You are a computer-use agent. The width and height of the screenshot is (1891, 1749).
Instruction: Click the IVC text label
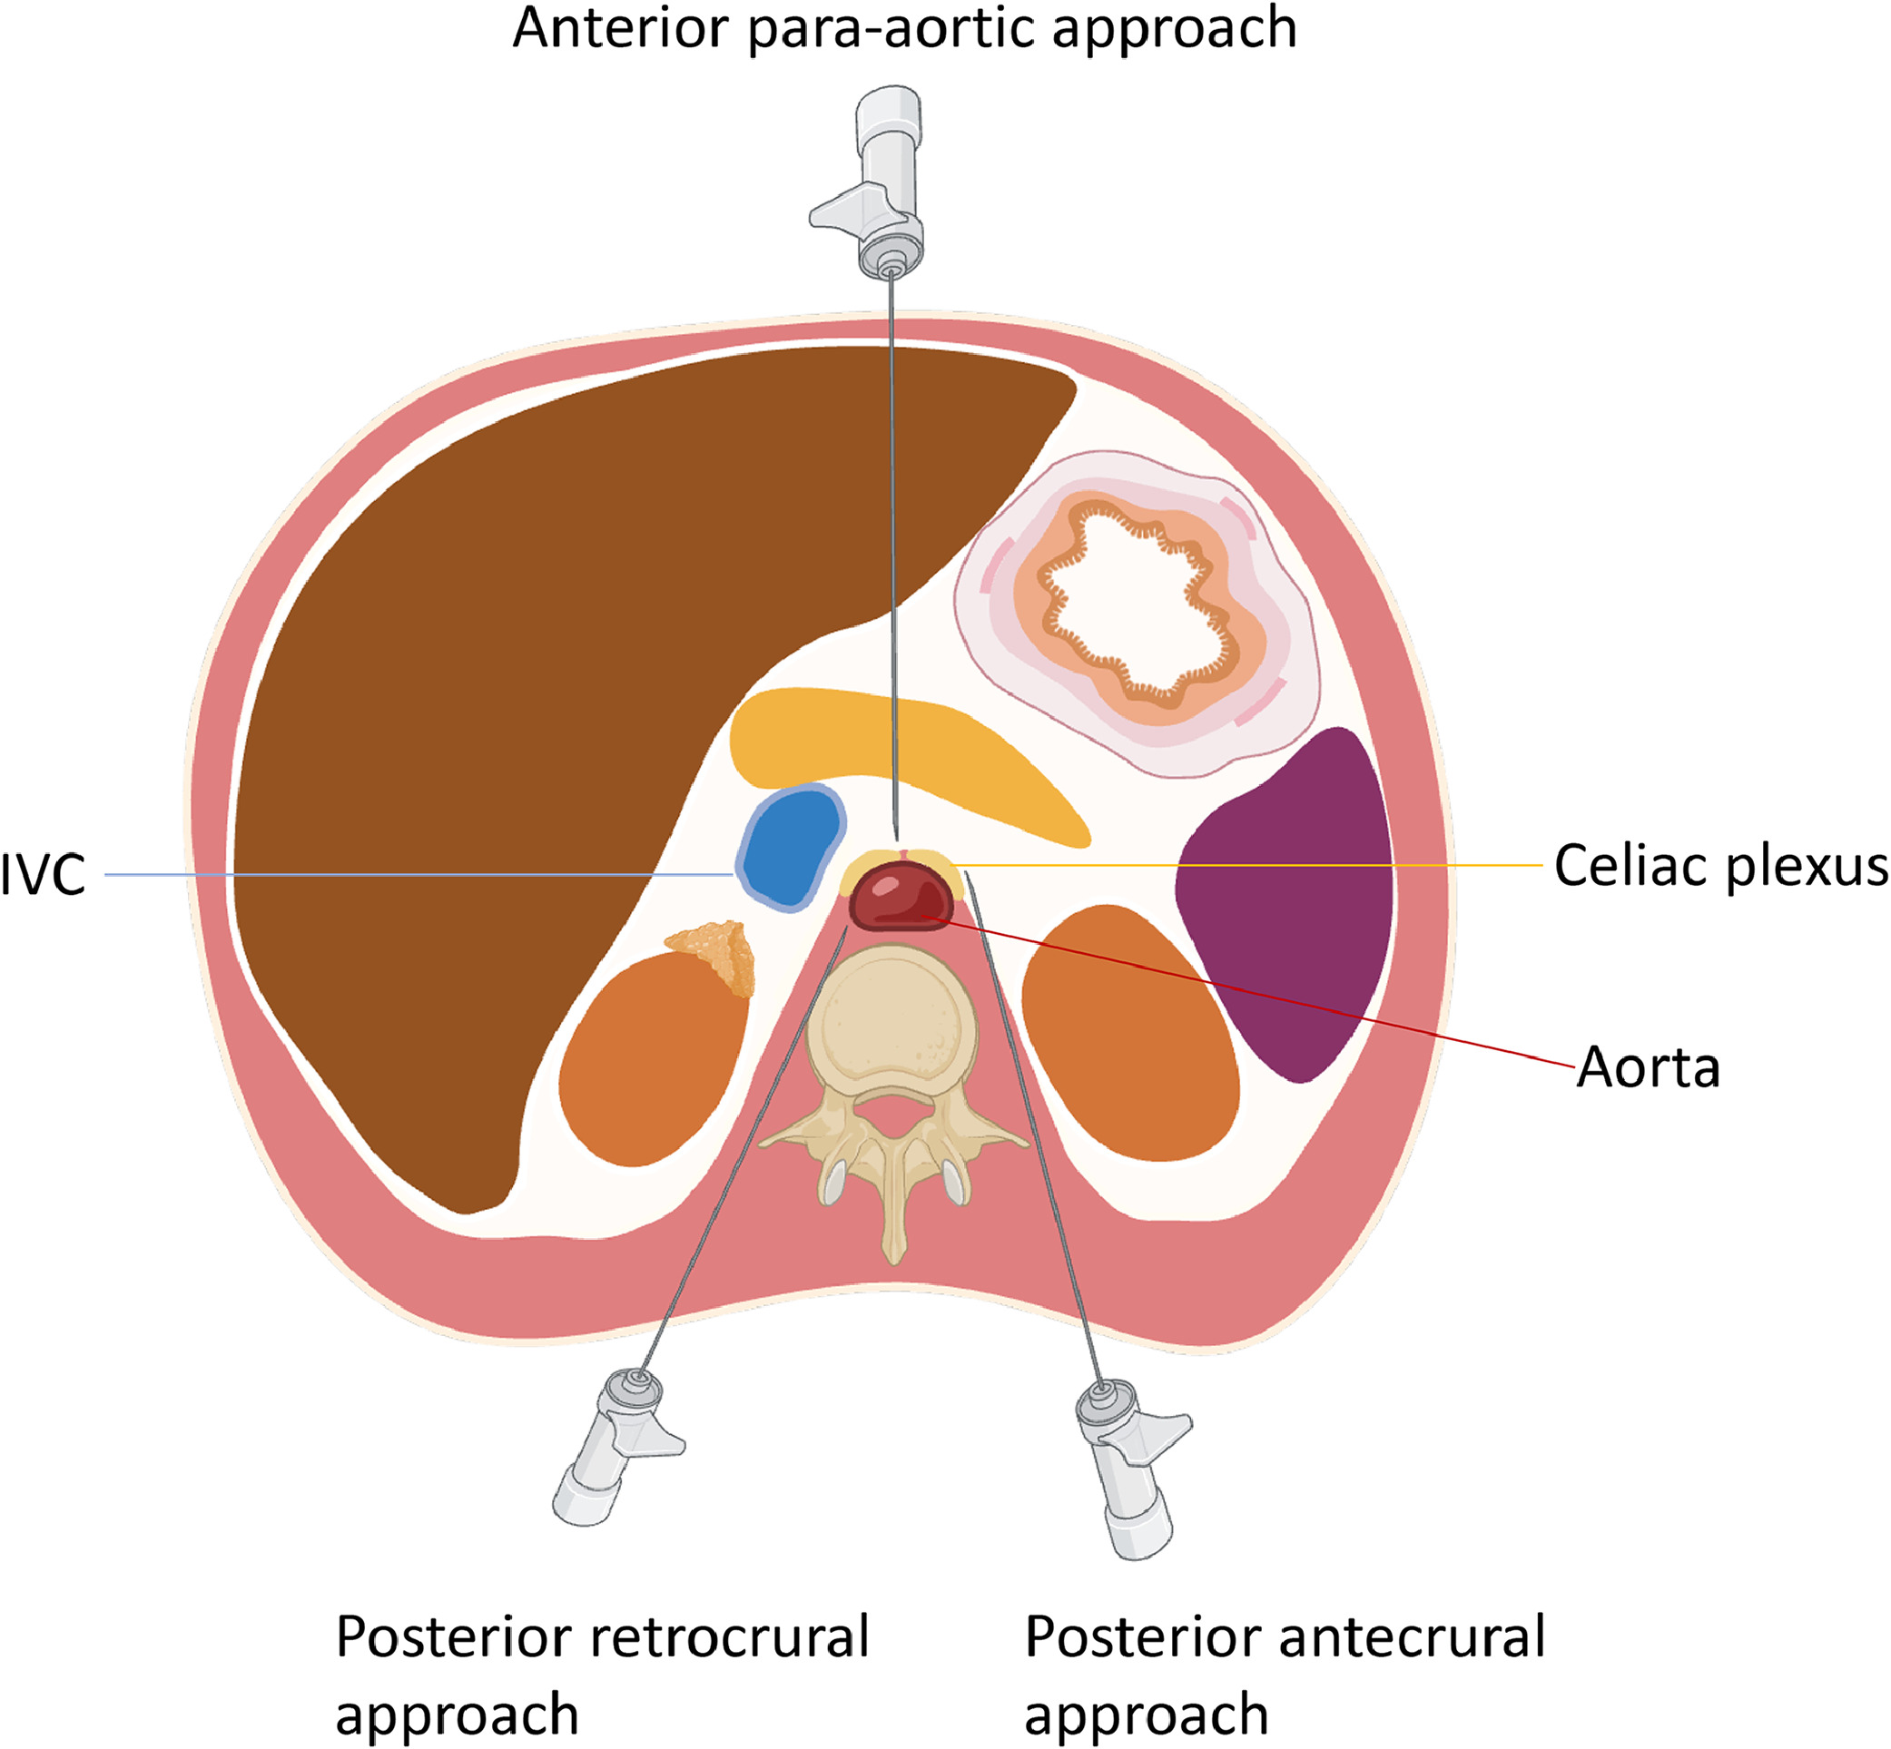click(x=44, y=875)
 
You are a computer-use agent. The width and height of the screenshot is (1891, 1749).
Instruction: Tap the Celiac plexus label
click(x=1720, y=867)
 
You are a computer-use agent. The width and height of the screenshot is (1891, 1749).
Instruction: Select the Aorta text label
click(x=1648, y=1068)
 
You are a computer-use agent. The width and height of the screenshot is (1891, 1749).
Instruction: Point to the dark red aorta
click(x=900, y=895)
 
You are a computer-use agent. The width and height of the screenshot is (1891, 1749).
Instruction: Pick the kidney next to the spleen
click(x=1131, y=1032)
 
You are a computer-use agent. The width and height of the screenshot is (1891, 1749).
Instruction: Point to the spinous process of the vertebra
click(x=894, y=1221)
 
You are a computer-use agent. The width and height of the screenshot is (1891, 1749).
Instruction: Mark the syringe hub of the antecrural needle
click(x=1127, y=1467)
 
